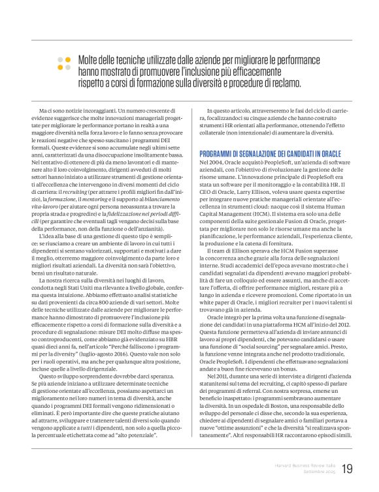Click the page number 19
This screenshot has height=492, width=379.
347,469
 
